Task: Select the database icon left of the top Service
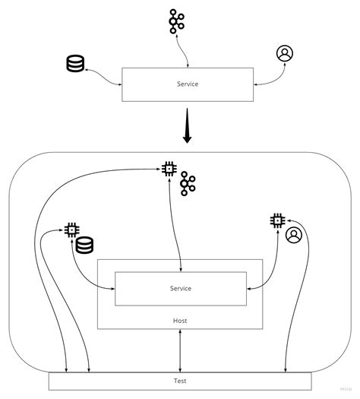click(75, 64)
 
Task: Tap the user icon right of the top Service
click(285, 53)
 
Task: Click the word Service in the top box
click(182, 84)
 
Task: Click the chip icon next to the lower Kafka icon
click(169, 169)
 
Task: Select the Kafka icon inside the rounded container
click(188, 185)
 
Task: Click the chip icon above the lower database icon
click(71, 229)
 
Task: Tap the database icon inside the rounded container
click(84, 245)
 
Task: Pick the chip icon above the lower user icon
click(277, 220)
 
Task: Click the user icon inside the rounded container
click(294, 236)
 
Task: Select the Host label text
click(180, 321)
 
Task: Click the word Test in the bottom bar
click(180, 381)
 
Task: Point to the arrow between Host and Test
click(180, 350)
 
